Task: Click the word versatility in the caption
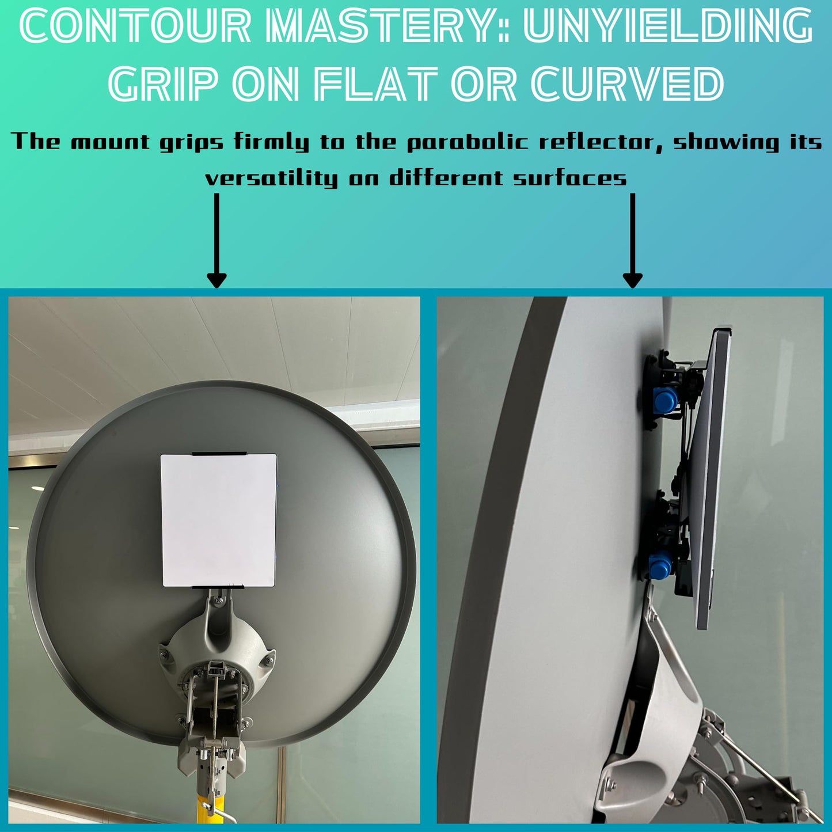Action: (271, 177)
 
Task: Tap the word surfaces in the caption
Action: (570, 177)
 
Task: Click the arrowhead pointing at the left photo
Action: (216, 280)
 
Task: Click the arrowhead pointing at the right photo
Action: (633, 280)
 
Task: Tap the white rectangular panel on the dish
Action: (218, 521)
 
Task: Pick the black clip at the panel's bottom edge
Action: (218, 587)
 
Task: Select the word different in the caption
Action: (446, 177)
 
